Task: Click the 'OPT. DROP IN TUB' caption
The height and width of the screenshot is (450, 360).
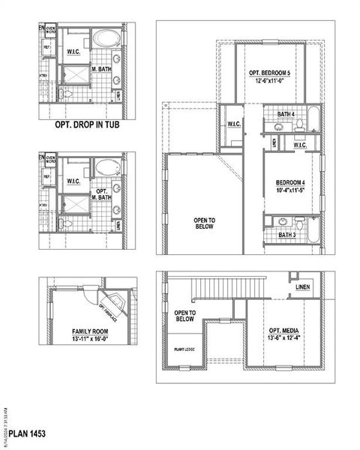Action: pos(88,127)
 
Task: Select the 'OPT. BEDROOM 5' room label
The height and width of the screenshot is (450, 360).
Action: pos(273,73)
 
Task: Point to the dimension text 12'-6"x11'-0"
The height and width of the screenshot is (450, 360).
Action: pos(273,81)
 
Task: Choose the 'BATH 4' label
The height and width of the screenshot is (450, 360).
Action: pos(286,114)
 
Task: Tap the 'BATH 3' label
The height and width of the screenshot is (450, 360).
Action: pos(286,235)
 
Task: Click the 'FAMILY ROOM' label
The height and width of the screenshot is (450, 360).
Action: pos(89,331)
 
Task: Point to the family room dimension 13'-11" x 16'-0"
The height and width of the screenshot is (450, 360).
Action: pos(89,339)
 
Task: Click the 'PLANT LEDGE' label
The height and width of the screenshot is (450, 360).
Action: pos(185,349)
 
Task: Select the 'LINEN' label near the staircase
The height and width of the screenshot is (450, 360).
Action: pos(303,287)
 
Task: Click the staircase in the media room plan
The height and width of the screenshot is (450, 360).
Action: pos(229,287)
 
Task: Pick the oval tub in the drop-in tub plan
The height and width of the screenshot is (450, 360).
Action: pos(106,37)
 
